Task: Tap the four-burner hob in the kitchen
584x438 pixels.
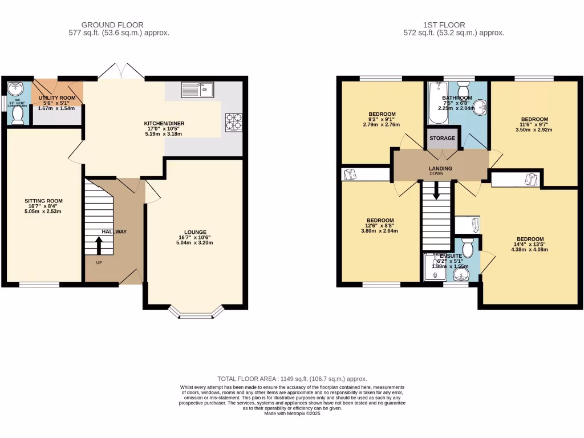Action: pyautogui.click(x=233, y=123)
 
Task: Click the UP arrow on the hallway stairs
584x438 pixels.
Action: pyautogui.click(x=99, y=246)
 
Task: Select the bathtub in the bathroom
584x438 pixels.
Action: pyautogui.click(x=438, y=103)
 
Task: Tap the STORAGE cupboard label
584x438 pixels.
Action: pyautogui.click(x=442, y=139)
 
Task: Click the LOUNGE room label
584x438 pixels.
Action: pyautogui.click(x=195, y=232)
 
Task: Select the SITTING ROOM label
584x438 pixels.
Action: pyautogui.click(x=43, y=201)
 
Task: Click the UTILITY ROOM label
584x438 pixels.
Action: pyautogui.click(x=56, y=98)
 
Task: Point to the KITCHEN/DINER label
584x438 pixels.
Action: pyautogui.click(x=164, y=123)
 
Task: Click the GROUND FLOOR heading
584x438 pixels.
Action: pyautogui.click(x=112, y=25)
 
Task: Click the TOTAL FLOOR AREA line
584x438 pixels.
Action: pyautogui.click(x=292, y=379)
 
